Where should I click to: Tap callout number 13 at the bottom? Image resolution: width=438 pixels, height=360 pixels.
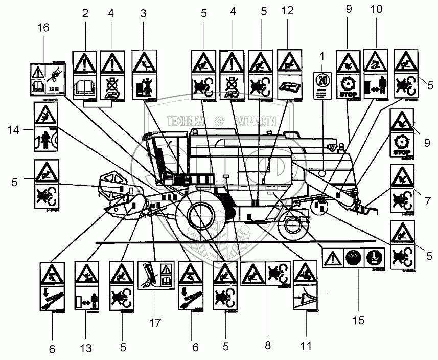click(86, 349)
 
